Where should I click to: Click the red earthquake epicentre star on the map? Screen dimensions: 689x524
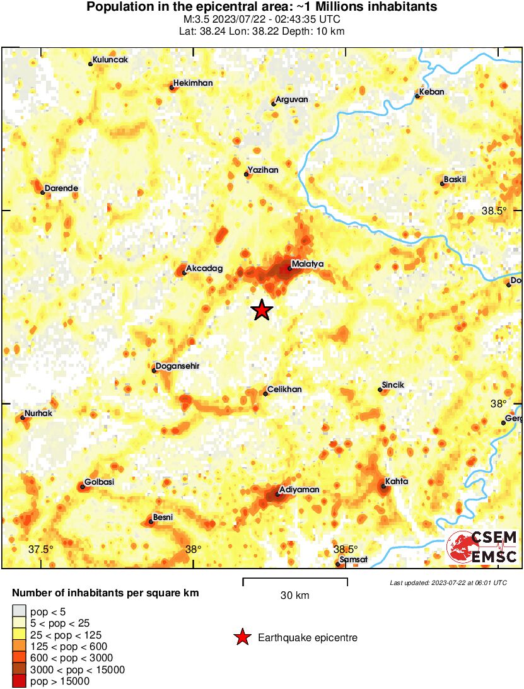tap(261, 310)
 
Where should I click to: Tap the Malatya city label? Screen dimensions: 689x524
tap(307, 264)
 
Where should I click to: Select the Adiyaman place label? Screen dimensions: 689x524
tap(300, 489)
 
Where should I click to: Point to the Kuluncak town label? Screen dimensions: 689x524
tap(110, 60)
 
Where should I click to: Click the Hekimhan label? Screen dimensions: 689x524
tap(193, 83)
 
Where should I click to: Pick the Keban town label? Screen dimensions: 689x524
tap(432, 92)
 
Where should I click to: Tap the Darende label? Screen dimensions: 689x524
tap(61, 188)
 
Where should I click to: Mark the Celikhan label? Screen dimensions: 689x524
tap(284, 390)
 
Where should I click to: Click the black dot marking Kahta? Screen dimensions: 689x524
tap(383, 486)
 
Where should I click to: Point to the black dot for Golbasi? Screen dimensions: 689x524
tap(82, 486)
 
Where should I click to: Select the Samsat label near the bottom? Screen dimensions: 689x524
tap(350, 559)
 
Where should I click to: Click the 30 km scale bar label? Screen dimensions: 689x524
tap(294, 595)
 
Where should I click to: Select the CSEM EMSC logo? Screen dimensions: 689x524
tap(483, 547)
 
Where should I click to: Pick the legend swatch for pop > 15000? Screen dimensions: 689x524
tap(19, 681)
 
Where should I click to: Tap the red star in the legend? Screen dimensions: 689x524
tap(242, 638)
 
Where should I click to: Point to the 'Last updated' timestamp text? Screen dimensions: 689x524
tap(448, 582)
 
